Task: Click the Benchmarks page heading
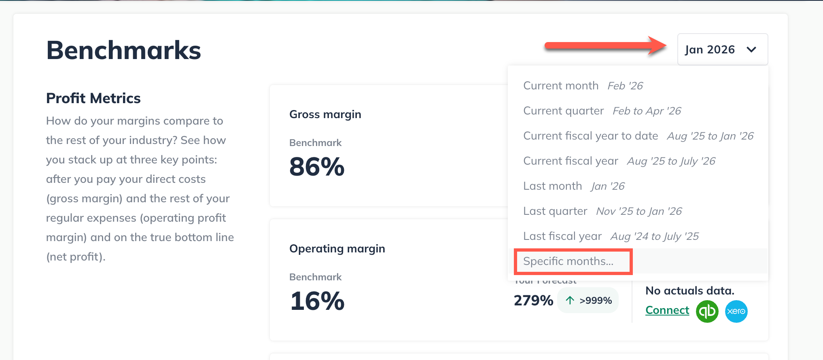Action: pos(123,51)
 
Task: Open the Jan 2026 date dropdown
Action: pos(710,49)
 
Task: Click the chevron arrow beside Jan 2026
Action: pos(751,50)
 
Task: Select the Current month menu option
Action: pos(560,86)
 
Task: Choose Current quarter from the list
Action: pos(563,111)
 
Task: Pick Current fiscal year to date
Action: pos(590,136)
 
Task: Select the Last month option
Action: pos(552,186)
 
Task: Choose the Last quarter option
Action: pos(555,211)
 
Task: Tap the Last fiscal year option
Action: pos(562,236)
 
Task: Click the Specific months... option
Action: pos(568,261)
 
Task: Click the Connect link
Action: pos(667,310)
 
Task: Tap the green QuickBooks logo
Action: pos(707,311)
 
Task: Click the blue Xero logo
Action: pos(736,311)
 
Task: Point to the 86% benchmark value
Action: pos(317,167)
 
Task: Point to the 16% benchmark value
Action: pos(317,301)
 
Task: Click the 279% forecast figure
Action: pos(533,301)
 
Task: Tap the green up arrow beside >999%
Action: pos(570,300)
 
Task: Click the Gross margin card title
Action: pos(325,114)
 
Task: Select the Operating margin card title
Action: pos(337,249)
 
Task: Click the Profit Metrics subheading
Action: pos(93,98)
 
